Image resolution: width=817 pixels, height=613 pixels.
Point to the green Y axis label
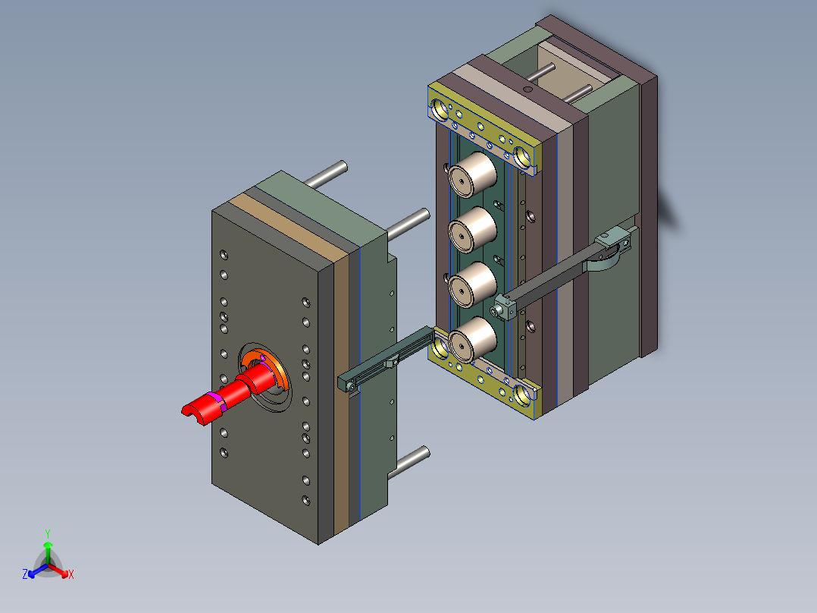pos(47,533)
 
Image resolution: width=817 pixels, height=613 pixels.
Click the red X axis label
pos(71,575)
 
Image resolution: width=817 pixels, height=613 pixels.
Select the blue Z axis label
pos(25,575)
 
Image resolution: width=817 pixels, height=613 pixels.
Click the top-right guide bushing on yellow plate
pos(523,157)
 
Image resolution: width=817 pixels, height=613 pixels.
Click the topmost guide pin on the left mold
pos(327,174)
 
